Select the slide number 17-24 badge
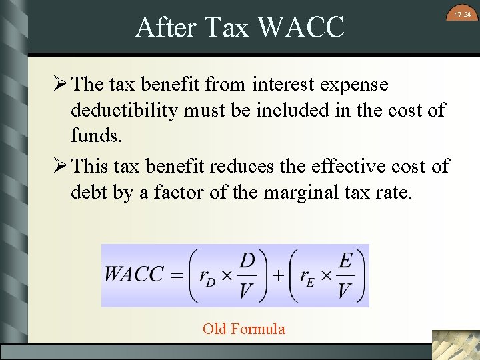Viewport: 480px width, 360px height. coord(463,14)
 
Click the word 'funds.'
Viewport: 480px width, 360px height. coord(97,135)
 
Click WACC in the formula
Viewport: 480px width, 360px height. coord(133,275)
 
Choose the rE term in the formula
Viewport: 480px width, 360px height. coord(307,276)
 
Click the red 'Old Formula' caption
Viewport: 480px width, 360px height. coord(243,329)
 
